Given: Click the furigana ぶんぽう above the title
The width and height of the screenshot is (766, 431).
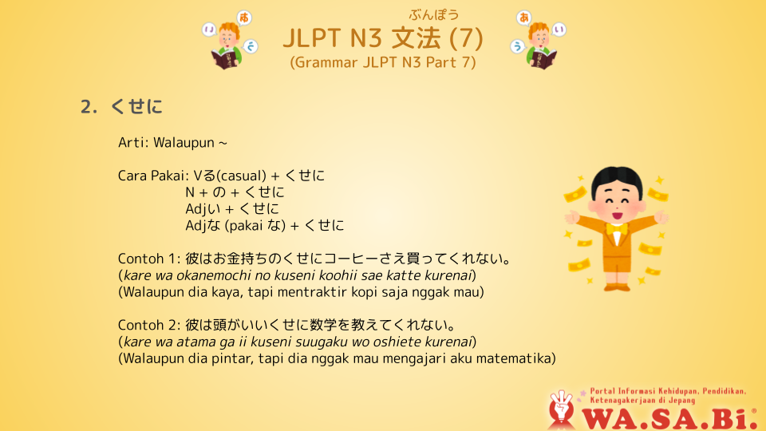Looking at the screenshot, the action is [x=434, y=14].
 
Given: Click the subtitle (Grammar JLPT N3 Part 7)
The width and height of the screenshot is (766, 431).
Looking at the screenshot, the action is [x=382, y=62].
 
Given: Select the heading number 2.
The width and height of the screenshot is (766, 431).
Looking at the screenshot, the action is [x=89, y=106].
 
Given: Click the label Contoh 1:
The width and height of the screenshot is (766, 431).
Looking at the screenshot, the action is [x=149, y=259].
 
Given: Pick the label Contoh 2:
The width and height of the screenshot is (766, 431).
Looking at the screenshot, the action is [x=149, y=325].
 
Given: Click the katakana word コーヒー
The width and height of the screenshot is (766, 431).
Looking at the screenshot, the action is [x=350, y=259].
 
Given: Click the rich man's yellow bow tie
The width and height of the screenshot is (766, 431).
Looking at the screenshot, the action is [x=617, y=228].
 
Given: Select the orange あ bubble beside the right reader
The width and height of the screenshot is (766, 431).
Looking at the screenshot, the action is [x=523, y=18].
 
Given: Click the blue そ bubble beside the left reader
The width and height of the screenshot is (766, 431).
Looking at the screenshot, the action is [x=251, y=46].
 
